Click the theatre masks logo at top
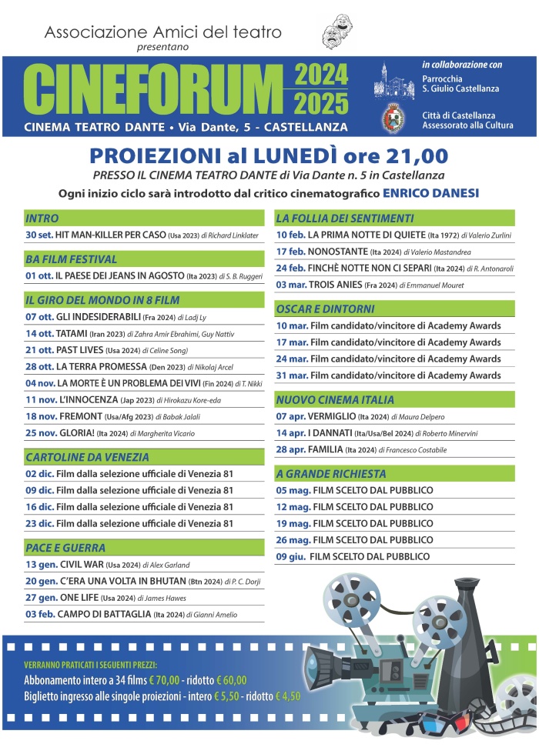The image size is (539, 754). [336, 35]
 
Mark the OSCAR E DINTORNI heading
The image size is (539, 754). [325, 309]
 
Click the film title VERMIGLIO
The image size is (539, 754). [333, 416]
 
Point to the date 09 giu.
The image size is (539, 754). [291, 556]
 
